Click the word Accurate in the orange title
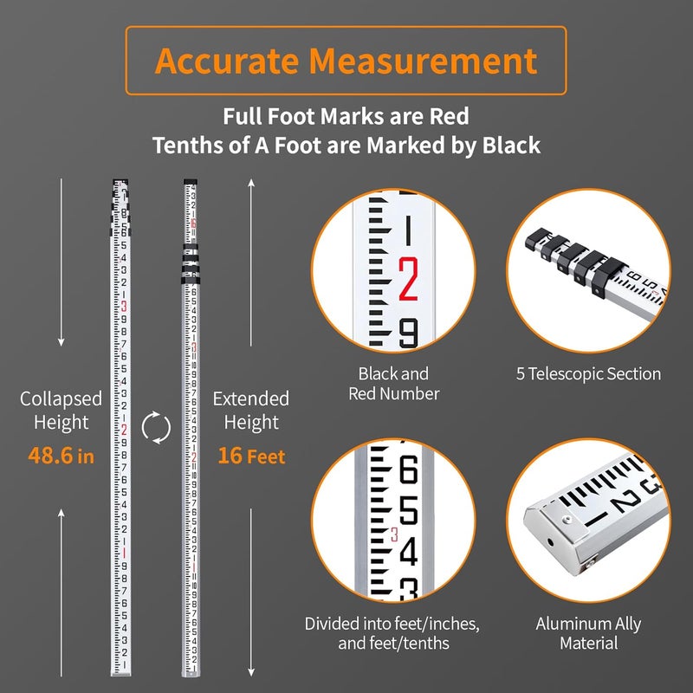point(229,61)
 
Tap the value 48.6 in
point(61,456)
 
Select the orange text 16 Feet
point(251,456)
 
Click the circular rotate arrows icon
point(156,427)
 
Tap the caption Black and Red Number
point(393,384)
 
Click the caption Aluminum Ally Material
point(587,633)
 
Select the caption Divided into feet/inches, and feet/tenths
point(392,633)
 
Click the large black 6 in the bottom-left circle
point(408,473)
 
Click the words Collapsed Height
point(61,411)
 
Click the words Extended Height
point(251,411)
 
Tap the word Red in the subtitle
point(448,115)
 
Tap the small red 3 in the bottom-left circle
point(395,534)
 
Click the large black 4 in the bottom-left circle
point(408,551)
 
